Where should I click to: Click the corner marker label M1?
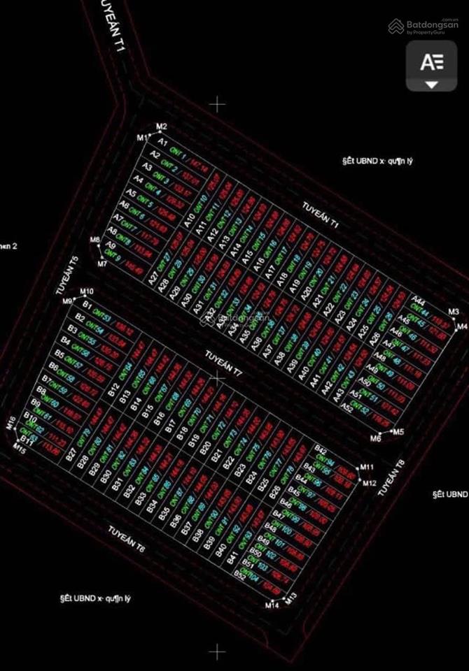[x=143, y=136]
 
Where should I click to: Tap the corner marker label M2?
[x=162, y=127]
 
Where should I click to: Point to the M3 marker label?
[x=454, y=311]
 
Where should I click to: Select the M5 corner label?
[x=398, y=432]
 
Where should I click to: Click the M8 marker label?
[x=95, y=241]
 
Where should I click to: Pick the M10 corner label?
[x=87, y=291]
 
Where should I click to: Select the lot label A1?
[x=162, y=142]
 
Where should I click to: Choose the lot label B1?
[x=87, y=305]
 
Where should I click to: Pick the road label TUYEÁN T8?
[x=391, y=478]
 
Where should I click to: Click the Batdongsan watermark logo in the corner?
[x=423, y=26]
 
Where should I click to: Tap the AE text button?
[x=432, y=62]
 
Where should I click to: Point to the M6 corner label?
[x=376, y=438]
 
